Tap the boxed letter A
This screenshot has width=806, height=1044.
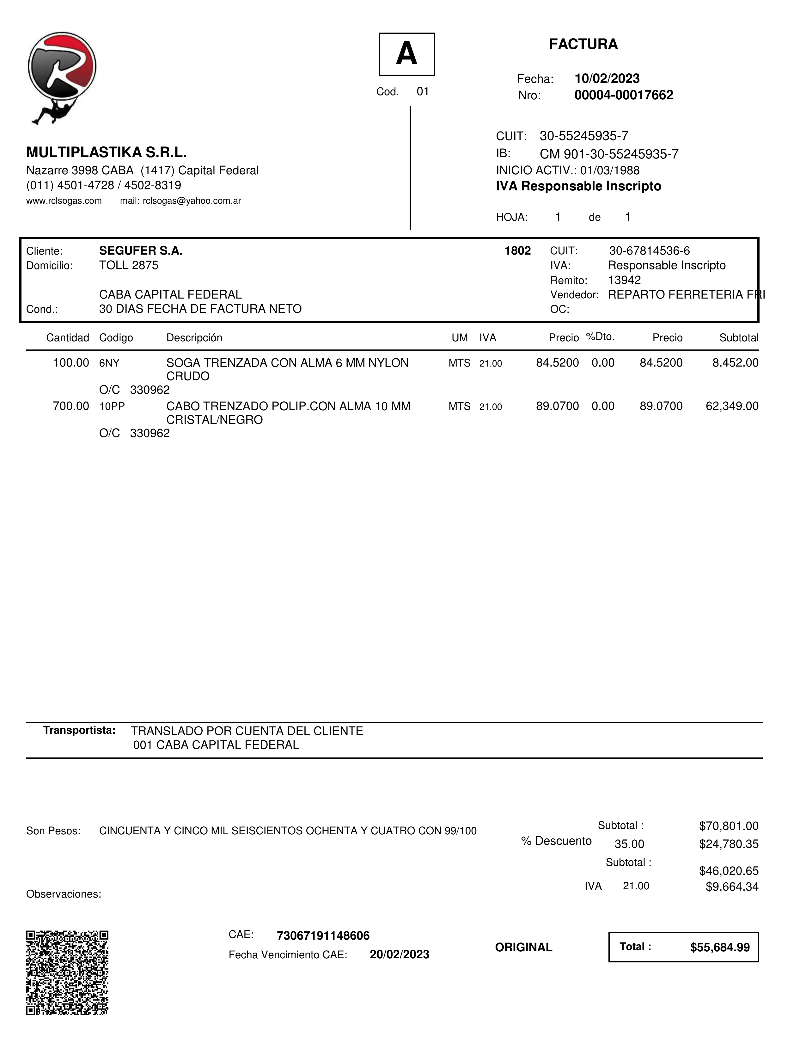[x=406, y=54]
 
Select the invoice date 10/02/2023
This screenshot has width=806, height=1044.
[x=607, y=78]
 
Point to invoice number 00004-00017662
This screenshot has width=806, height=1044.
[x=624, y=95]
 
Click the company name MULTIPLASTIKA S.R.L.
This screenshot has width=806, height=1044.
[x=106, y=152]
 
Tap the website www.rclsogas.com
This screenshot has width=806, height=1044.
[x=64, y=201]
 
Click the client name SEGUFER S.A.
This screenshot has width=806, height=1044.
[x=140, y=250]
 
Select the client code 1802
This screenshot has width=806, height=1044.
[x=517, y=250]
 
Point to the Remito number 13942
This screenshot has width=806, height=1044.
[x=624, y=280]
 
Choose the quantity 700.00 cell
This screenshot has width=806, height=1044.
[x=71, y=406]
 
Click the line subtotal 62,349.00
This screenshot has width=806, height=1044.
[x=732, y=406]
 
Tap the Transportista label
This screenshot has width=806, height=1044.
[x=79, y=730]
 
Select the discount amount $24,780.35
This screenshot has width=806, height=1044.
[x=729, y=844]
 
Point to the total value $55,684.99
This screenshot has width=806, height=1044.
[x=719, y=947]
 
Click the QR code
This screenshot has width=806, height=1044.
[x=67, y=972]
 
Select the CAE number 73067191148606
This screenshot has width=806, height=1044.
[x=323, y=936]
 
